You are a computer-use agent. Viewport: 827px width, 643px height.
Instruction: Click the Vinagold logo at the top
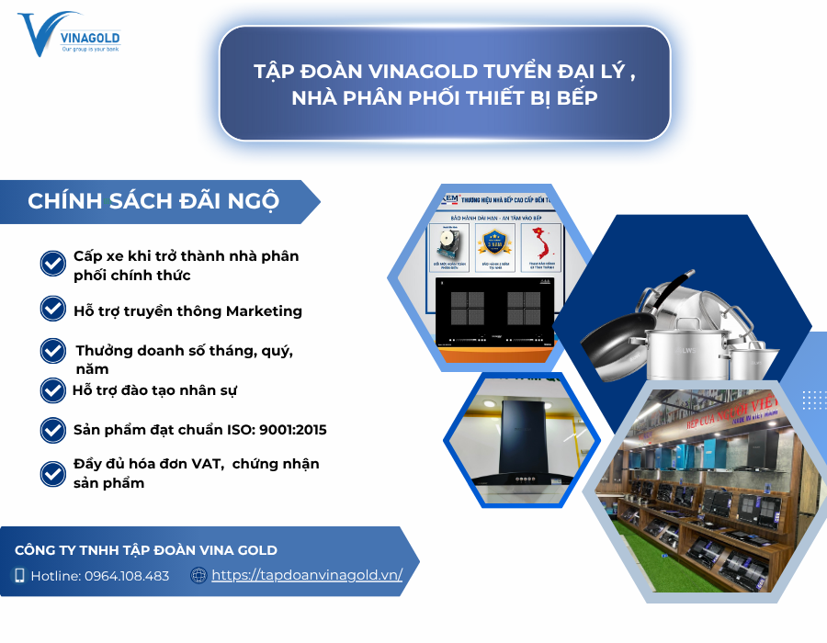click(x=68, y=35)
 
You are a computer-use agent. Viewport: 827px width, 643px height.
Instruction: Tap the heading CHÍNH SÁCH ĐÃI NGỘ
click(x=153, y=201)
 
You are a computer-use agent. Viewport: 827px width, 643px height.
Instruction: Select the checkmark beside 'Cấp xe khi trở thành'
click(x=52, y=264)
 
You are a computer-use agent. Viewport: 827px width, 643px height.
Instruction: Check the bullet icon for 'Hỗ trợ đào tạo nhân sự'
click(x=52, y=389)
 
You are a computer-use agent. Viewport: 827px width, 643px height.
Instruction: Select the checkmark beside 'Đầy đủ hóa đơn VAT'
click(x=52, y=473)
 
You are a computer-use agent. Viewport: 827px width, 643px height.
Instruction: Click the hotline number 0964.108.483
click(x=127, y=576)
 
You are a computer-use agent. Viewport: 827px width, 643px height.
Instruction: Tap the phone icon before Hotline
click(x=19, y=576)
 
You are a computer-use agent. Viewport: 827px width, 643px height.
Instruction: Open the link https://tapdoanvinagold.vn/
click(x=307, y=576)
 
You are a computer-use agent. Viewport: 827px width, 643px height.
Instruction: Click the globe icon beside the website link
click(x=198, y=576)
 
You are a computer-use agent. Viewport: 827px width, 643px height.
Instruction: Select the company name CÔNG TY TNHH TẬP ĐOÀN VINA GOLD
click(x=146, y=550)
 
